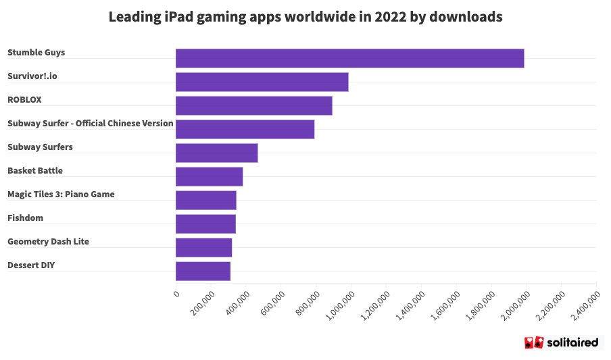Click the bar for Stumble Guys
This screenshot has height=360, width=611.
point(349,58)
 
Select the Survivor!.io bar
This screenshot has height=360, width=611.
point(262,82)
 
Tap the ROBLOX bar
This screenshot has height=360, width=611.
point(253,105)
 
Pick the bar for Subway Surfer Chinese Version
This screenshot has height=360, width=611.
point(245,129)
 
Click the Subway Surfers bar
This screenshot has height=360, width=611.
point(216,153)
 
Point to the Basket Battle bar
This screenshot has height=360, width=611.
point(209,176)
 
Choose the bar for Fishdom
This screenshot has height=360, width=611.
point(205,224)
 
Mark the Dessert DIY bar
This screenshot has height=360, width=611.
point(203,271)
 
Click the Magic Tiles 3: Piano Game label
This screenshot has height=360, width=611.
point(61,195)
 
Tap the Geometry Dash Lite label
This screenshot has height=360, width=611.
point(48,242)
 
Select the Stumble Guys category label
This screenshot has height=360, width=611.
point(36,53)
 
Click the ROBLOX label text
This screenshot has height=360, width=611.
point(24,100)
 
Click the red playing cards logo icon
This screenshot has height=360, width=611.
point(534,342)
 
